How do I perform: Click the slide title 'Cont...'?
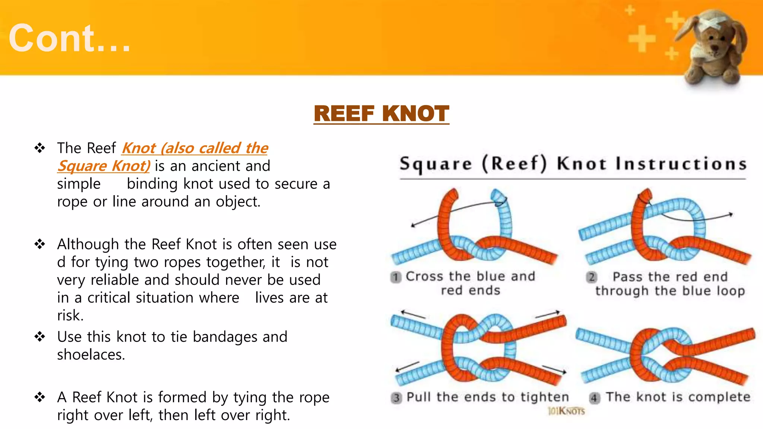point(70,38)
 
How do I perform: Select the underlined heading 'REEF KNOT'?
point(381,114)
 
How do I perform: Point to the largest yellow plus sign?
point(642,39)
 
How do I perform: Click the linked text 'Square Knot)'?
point(104,166)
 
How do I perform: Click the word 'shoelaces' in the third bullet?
point(90,355)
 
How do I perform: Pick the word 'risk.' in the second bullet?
point(70,315)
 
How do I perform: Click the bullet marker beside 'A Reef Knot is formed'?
point(40,397)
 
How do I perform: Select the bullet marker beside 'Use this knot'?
point(40,337)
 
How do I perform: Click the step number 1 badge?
point(396,277)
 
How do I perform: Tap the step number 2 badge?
point(591,277)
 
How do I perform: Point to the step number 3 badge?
point(396,398)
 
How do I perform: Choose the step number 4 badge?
point(594,398)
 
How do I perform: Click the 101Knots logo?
point(566,411)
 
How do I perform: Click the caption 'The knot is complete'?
point(678,397)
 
